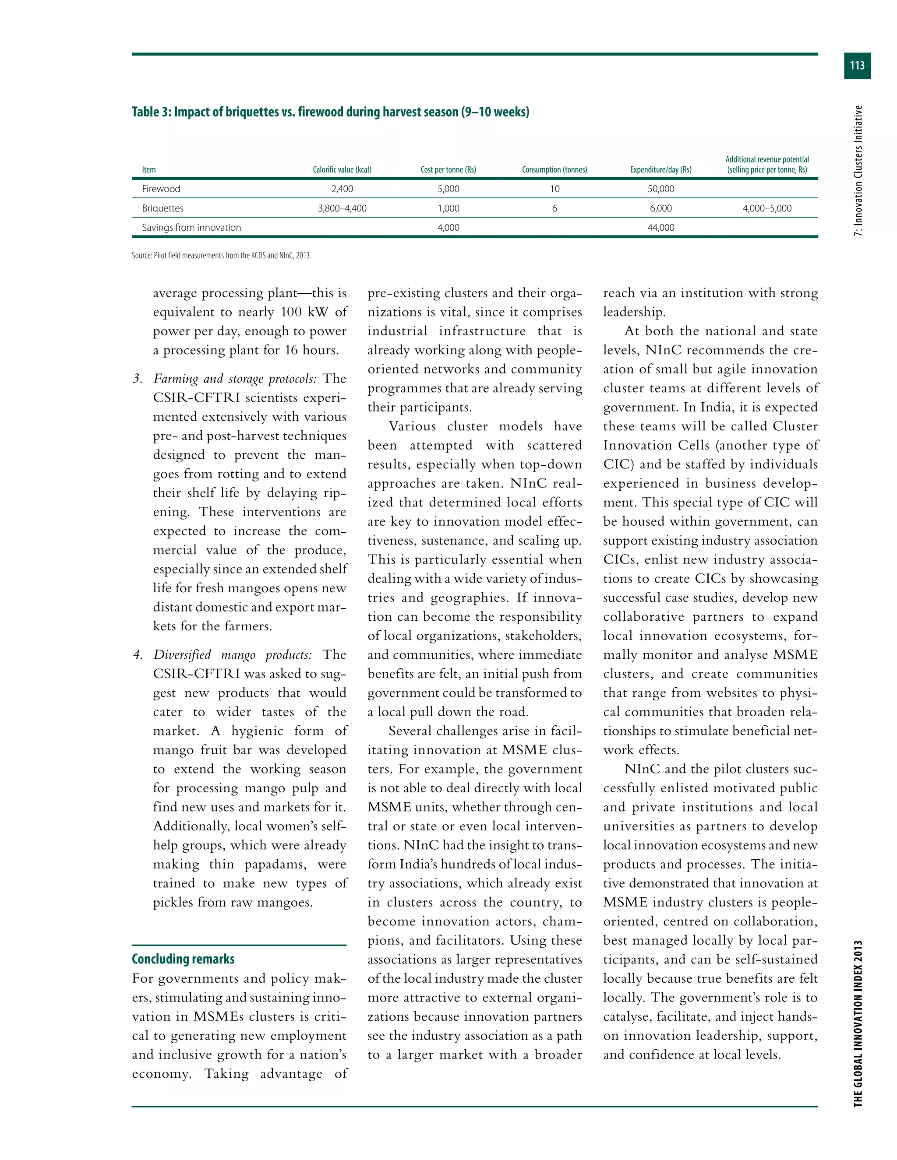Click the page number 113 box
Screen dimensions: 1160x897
point(857,66)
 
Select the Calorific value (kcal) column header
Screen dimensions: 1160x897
point(342,170)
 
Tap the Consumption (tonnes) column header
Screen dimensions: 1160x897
point(554,170)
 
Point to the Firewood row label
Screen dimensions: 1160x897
point(161,189)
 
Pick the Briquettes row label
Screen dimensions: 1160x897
point(162,209)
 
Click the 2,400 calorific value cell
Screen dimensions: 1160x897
point(342,189)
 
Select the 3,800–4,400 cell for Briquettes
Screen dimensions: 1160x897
point(342,209)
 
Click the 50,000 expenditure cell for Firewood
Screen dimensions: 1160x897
point(660,189)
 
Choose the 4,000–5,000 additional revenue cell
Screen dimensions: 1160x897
point(767,209)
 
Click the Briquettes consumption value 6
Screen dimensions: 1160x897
point(554,209)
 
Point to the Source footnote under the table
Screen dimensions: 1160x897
point(221,256)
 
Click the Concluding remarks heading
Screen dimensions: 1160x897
point(184,959)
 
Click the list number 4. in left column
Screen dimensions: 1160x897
point(138,655)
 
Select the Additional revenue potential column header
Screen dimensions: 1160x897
point(767,165)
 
